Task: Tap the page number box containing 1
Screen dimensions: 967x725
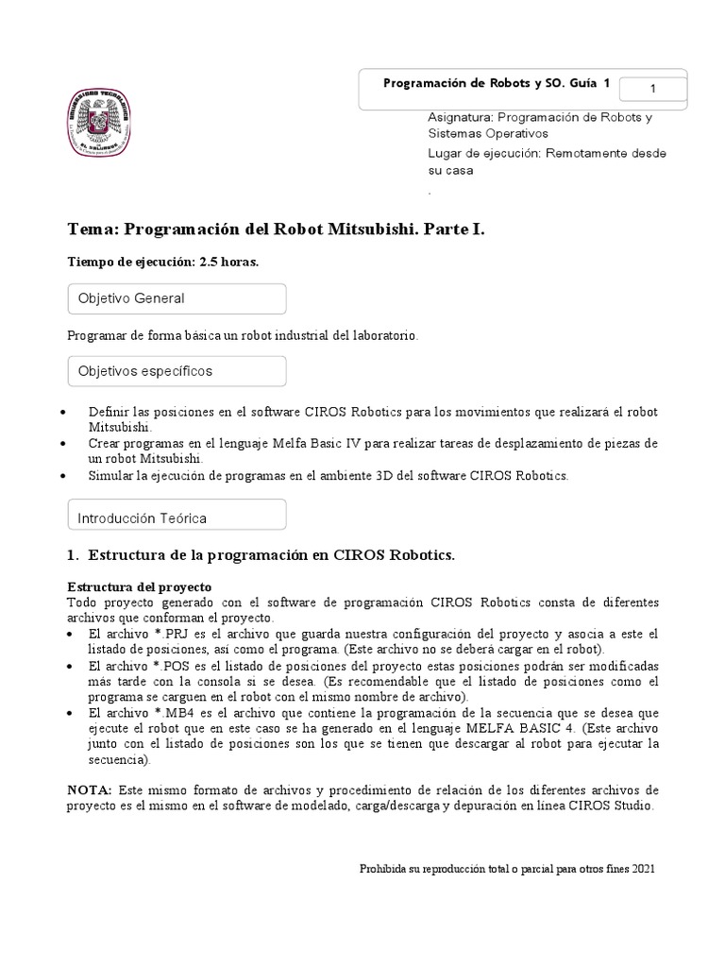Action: [x=652, y=89]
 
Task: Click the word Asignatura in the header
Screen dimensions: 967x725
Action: [x=460, y=118]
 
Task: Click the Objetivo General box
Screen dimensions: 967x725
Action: [x=177, y=298]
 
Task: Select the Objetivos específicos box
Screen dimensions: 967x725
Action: [x=177, y=371]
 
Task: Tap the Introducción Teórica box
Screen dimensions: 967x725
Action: [x=177, y=517]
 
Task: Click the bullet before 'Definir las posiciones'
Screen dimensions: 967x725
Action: [x=62, y=414]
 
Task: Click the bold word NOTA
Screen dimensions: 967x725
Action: [x=90, y=790]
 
